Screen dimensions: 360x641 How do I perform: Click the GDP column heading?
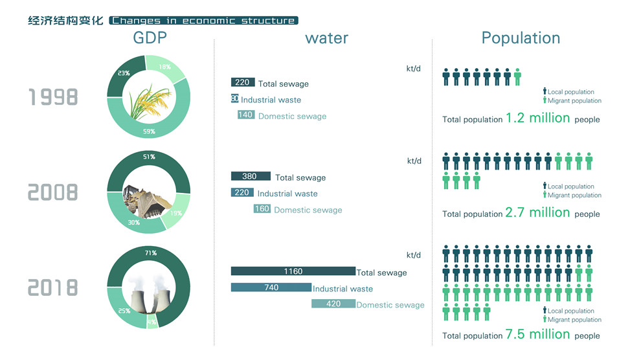click(150, 38)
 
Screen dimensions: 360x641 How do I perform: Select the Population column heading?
click(521, 38)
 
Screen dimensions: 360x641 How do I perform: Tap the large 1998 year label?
click(53, 97)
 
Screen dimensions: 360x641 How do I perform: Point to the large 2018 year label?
click(53, 287)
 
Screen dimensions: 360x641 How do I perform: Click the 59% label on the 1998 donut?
click(148, 131)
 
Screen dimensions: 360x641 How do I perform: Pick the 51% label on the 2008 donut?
click(148, 157)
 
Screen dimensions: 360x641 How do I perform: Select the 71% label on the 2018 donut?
click(150, 253)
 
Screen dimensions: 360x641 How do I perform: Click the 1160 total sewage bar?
click(293, 271)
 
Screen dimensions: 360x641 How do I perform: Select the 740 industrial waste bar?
click(271, 287)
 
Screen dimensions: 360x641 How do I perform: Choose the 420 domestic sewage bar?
click(333, 304)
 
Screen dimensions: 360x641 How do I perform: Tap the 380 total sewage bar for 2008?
click(250, 176)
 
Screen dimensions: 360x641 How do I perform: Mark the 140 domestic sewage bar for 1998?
click(245, 115)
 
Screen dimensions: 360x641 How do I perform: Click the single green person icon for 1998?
click(517, 76)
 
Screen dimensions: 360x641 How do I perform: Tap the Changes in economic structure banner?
click(203, 21)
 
